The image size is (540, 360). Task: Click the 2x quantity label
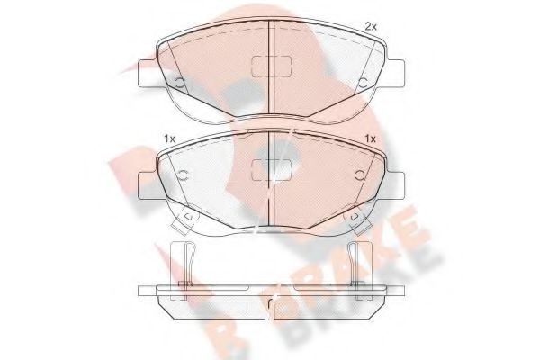point(369,27)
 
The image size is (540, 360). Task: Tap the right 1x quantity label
point(369,138)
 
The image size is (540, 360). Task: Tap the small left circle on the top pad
point(179,85)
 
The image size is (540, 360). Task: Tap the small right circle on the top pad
point(363,85)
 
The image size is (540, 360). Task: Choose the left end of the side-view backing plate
point(144,292)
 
